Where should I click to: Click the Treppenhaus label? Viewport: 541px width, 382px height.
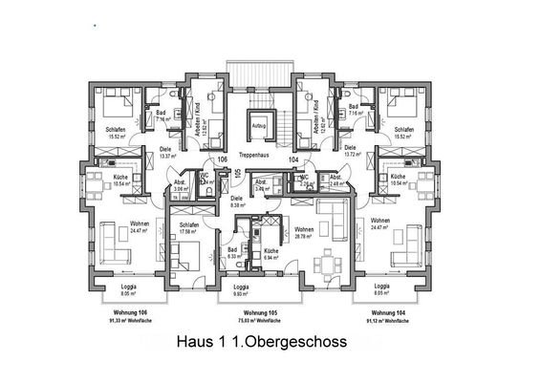coord(258,154)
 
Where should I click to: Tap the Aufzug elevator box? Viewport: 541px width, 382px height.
coord(258,124)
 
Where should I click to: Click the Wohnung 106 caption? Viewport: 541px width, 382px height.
coord(130,313)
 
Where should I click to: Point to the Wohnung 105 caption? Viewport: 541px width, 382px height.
coord(260,313)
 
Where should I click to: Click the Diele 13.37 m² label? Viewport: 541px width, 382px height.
coord(165,152)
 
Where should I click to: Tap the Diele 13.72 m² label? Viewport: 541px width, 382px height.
coord(350,151)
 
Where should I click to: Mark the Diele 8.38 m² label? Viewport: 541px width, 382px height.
coord(238,202)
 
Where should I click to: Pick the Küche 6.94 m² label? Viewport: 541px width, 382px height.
coord(271,254)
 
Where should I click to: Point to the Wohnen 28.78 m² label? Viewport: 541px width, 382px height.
coord(305,232)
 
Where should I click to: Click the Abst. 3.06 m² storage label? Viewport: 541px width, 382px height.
coord(181,185)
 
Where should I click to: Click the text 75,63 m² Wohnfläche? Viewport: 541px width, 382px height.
coord(260,322)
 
